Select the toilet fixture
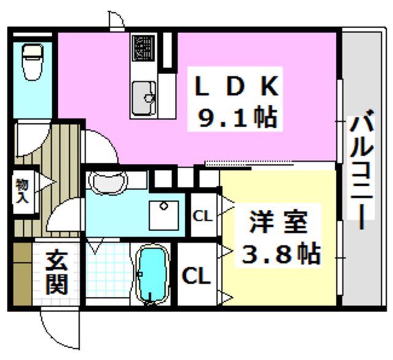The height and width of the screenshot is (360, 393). [x=31, y=61]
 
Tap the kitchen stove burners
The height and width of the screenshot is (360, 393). [x=145, y=48]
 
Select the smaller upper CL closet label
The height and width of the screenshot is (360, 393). [x=202, y=216]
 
